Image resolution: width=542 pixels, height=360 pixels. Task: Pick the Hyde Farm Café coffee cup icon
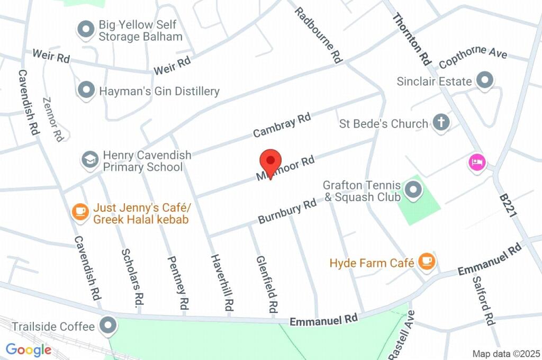[426, 260]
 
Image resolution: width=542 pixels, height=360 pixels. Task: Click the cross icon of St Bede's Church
[440, 123]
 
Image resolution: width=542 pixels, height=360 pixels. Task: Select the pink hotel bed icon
[477, 162]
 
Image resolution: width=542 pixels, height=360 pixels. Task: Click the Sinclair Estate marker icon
[484, 81]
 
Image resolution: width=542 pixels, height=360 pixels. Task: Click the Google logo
[29, 350]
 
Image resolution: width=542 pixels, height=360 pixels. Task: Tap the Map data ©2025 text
[505, 354]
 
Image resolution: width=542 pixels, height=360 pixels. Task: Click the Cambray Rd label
[282, 125]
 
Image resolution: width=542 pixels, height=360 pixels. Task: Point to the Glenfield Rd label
[267, 284]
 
